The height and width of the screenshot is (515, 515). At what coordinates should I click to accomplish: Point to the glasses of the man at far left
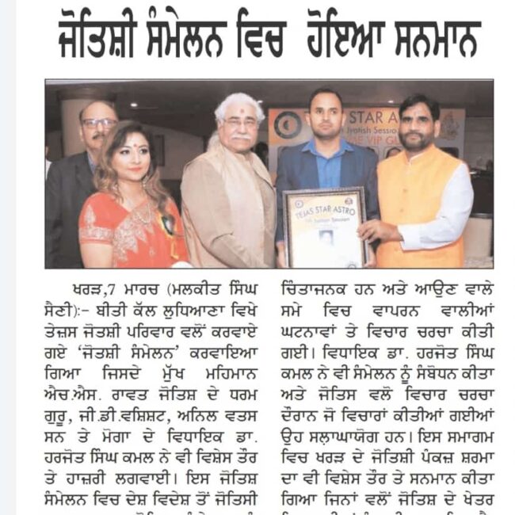coord(98,124)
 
